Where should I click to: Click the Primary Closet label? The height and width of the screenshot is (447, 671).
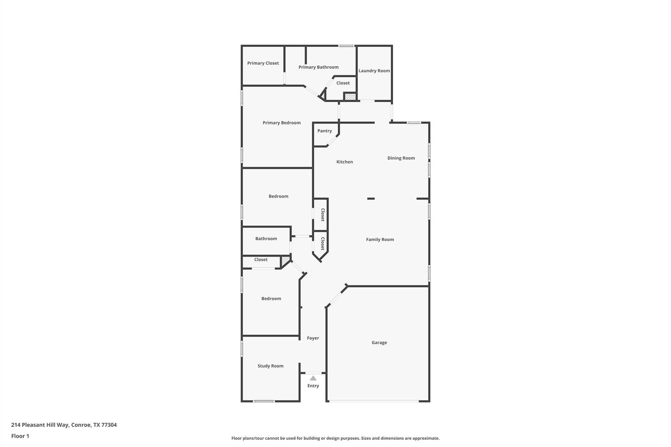tap(263, 63)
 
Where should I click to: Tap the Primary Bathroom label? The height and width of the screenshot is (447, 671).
tap(318, 67)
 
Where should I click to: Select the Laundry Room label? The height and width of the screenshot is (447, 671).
tap(374, 71)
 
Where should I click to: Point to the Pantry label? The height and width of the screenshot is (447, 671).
tap(324, 131)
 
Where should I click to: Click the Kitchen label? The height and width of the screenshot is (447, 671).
tap(344, 162)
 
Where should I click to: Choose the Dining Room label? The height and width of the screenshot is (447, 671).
tap(401, 158)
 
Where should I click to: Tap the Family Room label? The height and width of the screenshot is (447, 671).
tap(380, 240)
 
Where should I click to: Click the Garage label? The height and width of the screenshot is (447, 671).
tap(379, 343)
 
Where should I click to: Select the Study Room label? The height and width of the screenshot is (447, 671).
tap(270, 366)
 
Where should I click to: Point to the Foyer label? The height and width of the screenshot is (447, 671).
tap(313, 338)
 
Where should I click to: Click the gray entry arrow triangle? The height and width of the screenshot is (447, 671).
tap(313, 378)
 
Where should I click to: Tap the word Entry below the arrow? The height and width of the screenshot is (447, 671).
tap(313, 386)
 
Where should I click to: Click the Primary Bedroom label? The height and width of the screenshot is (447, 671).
tap(281, 123)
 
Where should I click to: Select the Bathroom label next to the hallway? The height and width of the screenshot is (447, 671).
tap(266, 239)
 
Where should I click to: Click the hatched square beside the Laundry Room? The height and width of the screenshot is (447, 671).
tap(350, 97)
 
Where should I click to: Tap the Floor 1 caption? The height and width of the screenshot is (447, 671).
tap(20, 436)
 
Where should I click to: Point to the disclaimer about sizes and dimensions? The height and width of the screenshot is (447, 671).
tap(335, 438)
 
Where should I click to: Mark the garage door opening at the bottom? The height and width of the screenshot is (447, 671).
tap(374, 401)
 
